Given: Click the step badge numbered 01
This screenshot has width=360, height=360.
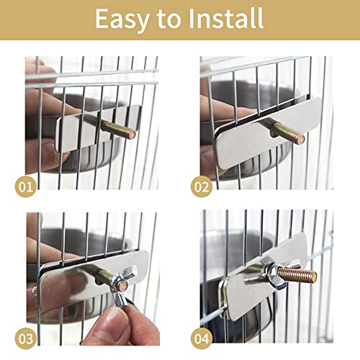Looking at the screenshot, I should pos(26,187).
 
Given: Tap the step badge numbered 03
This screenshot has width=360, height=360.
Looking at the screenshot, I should pos(26,336).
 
